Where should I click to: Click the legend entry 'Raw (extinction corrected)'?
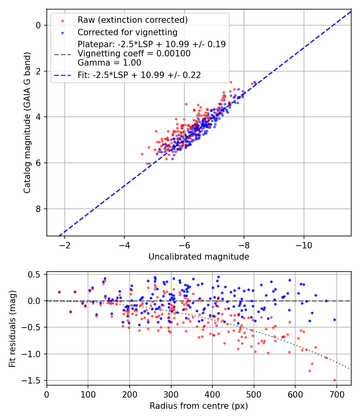[x=132, y=20]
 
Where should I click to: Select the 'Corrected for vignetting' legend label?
[x=128, y=32]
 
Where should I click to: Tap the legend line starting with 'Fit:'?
[x=139, y=75]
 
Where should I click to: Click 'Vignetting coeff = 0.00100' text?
[x=134, y=54]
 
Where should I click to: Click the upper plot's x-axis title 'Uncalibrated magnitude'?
[x=199, y=257]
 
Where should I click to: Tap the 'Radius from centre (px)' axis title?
[x=199, y=406]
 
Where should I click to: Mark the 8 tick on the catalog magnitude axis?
[x=39, y=209]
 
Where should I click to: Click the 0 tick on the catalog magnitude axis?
[x=39, y=25]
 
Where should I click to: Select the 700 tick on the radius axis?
[x=336, y=394]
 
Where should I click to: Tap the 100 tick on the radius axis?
[x=88, y=394]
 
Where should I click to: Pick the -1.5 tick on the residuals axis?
[x=32, y=380]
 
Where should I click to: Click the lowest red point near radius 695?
[x=334, y=380]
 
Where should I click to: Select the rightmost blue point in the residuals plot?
[x=334, y=320]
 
